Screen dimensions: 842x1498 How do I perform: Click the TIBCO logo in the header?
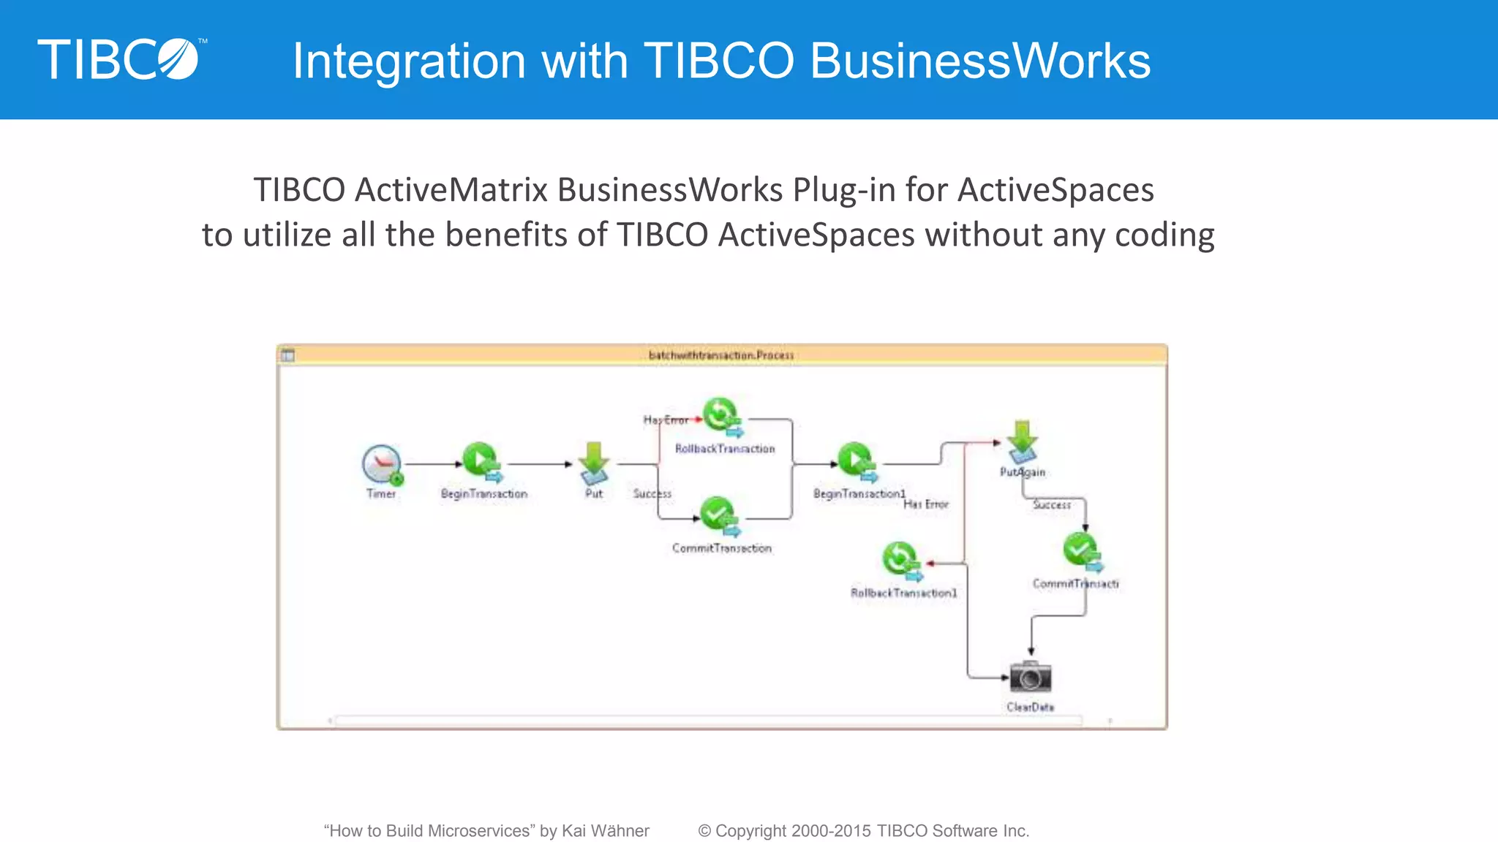point(119,59)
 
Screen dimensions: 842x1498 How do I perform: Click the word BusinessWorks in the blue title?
point(980,61)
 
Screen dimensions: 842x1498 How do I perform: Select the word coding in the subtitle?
point(1164,235)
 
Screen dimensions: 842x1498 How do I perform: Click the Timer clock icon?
point(382,464)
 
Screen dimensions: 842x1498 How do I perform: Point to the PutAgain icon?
point(1023,441)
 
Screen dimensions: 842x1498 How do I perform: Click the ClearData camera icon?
point(1030,677)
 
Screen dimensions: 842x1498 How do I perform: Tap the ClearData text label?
point(1030,707)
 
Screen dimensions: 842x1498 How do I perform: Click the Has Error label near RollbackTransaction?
point(665,420)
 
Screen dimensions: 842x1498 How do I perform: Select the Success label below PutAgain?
point(1051,504)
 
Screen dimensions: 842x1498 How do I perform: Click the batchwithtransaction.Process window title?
point(721,355)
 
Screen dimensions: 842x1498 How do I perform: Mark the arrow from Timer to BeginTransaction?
point(433,464)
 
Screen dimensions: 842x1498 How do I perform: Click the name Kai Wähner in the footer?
point(605,831)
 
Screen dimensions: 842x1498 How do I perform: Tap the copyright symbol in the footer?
point(704,831)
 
